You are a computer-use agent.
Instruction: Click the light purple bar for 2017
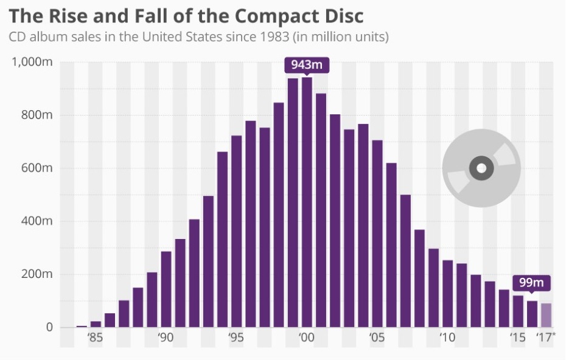pyautogui.click(x=546, y=315)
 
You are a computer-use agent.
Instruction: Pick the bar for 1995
pyautogui.click(x=236, y=232)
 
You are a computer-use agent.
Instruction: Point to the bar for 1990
pyautogui.click(x=166, y=289)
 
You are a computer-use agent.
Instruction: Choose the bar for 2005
pyautogui.click(x=377, y=234)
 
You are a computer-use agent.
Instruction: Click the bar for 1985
pyautogui.click(x=96, y=324)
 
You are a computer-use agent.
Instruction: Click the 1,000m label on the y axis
pyautogui.click(x=32, y=62)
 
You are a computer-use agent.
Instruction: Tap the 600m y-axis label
pyautogui.click(x=38, y=168)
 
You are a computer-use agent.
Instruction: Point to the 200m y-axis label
pyautogui.click(x=38, y=274)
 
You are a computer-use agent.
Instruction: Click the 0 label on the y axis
pyautogui.click(x=49, y=327)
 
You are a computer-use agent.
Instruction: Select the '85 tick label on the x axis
pyautogui.click(x=95, y=338)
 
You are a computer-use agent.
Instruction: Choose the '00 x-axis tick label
pyautogui.click(x=306, y=338)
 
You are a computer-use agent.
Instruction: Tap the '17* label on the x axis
pyautogui.click(x=546, y=338)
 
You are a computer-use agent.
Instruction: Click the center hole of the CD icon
pyautogui.click(x=481, y=168)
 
